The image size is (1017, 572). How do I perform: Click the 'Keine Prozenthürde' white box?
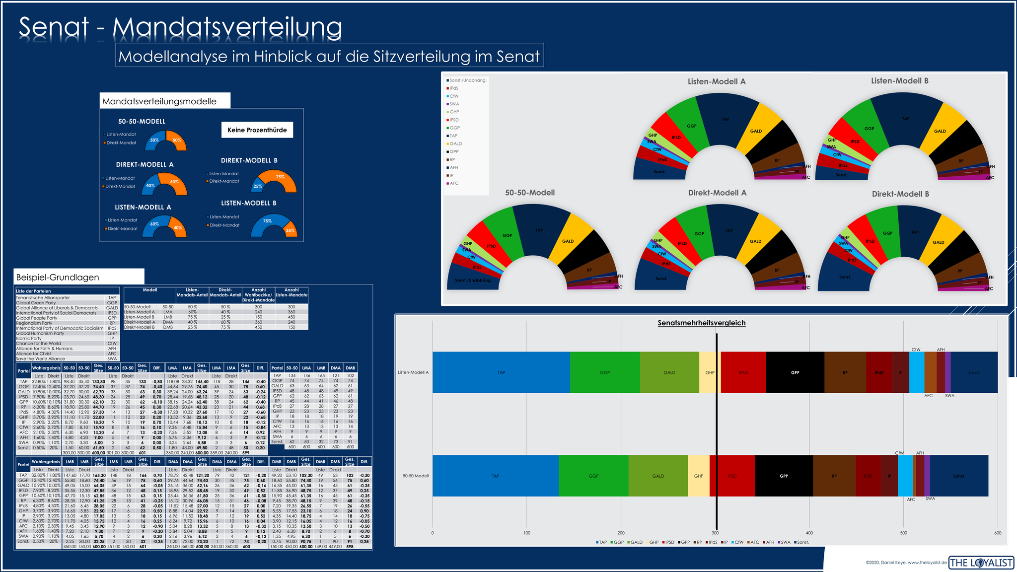pyautogui.click(x=257, y=130)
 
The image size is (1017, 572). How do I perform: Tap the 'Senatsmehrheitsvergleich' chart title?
pyautogui.click(x=701, y=323)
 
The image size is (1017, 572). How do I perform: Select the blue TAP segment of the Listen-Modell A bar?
pyautogui.click(x=501, y=372)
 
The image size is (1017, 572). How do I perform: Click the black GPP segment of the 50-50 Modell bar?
pyautogui.click(x=784, y=476)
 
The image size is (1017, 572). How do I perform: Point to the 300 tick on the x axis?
pyautogui.click(x=715, y=533)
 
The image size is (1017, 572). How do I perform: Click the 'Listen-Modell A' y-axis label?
pyautogui.click(x=413, y=372)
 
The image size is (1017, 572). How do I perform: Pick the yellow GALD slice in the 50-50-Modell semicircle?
pyautogui.click(x=568, y=241)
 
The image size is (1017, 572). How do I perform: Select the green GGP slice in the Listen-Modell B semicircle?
pyautogui.click(x=869, y=129)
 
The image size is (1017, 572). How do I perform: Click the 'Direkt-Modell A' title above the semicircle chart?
pyautogui.click(x=717, y=193)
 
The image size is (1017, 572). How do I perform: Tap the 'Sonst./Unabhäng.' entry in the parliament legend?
pyautogui.click(x=468, y=80)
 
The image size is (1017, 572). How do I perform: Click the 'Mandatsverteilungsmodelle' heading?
pyautogui.click(x=159, y=101)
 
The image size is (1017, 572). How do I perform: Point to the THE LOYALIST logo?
pyautogui.click(x=981, y=563)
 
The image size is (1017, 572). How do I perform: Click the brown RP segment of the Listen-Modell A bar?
pyautogui.click(x=845, y=372)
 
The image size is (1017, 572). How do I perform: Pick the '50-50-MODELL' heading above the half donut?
pyautogui.click(x=142, y=121)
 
